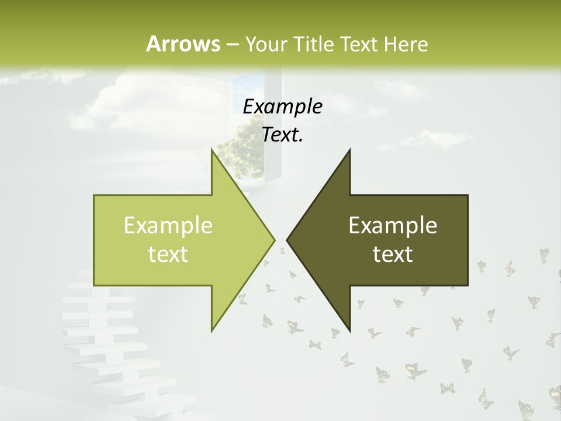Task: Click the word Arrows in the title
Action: tap(183, 44)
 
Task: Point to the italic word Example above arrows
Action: tap(282, 106)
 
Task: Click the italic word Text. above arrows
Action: tap(282, 135)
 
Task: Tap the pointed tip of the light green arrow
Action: tap(273, 240)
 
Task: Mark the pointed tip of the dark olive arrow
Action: tap(288, 240)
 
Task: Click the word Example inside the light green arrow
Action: tap(168, 226)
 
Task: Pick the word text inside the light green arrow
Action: tap(168, 254)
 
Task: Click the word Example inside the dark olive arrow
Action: tap(393, 226)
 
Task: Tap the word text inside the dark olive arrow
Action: tap(393, 254)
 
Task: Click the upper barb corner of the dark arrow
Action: tap(349, 150)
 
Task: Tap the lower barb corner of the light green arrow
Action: tap(212, 330)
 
